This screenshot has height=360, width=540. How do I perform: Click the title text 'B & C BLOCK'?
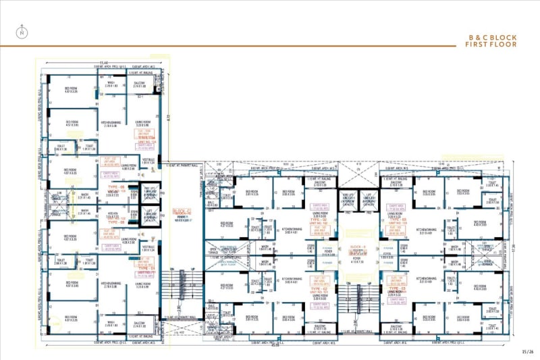click(x=493, y=37)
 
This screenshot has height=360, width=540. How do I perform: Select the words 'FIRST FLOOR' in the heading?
click(x=491, y=45)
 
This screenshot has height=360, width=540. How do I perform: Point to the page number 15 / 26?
click(x=527, y=351)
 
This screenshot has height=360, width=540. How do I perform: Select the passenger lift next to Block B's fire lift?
click(x=369, y=199)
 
